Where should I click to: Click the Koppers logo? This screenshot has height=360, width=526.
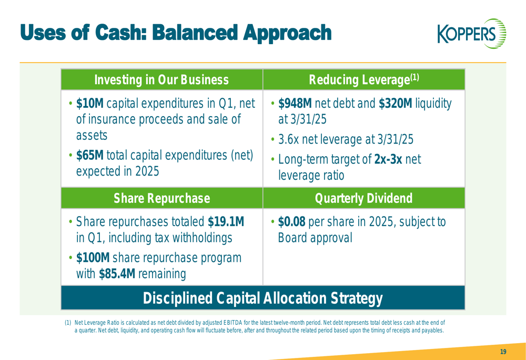(x=472, y=34)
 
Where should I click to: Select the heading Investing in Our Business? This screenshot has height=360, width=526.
(x=161, y=80)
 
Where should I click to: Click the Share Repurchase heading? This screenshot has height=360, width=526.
(x=161, y=198)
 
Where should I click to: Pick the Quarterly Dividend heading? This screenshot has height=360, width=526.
(x=363, y=198)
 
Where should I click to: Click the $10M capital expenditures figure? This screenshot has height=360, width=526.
(x=90, y=103)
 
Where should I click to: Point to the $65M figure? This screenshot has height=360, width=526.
(x=90, y=155)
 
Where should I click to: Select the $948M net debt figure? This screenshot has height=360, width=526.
(x=295, y=103)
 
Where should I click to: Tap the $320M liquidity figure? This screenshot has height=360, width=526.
(x=396, y=103)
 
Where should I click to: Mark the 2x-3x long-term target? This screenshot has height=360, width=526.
(x=388, y=159)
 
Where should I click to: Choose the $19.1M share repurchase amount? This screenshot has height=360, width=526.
(x=226, y=222)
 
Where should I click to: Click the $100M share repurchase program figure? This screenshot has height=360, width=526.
(x=93, y=258)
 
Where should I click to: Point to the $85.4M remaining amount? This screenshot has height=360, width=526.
(x=117, y=274)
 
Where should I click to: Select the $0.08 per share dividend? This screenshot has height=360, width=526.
(x=292, y=222)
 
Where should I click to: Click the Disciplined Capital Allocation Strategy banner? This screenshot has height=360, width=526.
(x=263, y=298)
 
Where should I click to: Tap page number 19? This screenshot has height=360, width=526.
(x=503, y=352)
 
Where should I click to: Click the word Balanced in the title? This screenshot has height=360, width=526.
(x=196, y=33)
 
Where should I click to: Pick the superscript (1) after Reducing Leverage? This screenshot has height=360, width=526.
(x=414, y=77)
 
